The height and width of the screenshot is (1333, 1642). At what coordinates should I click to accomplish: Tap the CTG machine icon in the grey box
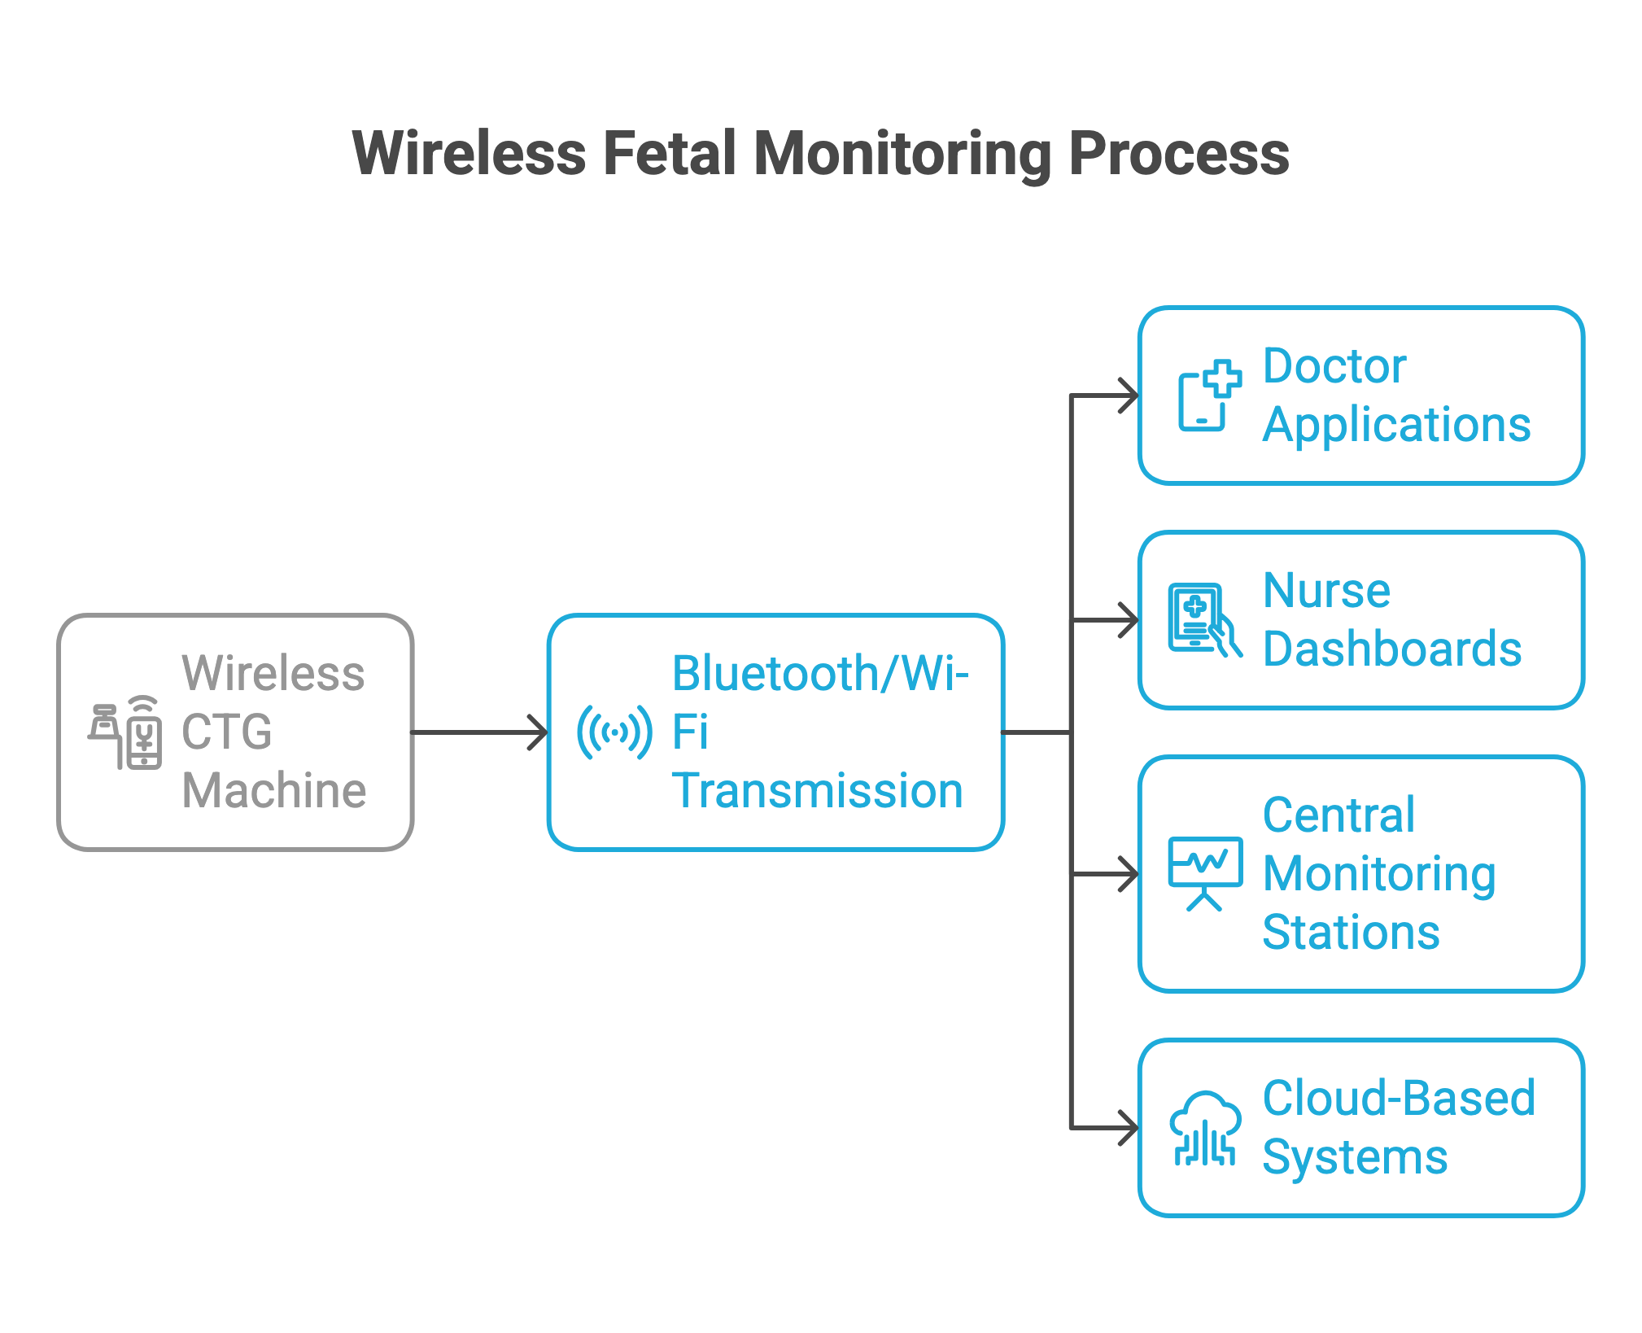(125, 732)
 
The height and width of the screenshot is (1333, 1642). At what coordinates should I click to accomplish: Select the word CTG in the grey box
(226, 732)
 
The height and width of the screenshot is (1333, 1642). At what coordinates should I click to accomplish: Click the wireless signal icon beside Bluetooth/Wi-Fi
(614, 732)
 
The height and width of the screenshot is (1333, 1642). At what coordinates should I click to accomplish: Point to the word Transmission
(817, 791)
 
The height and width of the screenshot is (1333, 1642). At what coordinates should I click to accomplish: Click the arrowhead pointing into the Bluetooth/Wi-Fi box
(539, 732)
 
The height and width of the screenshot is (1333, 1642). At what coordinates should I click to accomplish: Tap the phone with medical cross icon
(1209, 396)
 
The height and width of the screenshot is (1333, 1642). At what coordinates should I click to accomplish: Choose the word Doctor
(1334, 366)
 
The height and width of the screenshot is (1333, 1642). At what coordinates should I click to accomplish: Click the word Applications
(1396, 425)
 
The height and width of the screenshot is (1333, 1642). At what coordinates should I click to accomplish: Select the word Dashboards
(1391, 649)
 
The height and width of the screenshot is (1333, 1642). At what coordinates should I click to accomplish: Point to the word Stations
(1351, 933)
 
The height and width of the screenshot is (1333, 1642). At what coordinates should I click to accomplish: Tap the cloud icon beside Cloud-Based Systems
(1205, 1128)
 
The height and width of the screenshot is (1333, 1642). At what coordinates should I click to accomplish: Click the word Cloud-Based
(1398, 1099)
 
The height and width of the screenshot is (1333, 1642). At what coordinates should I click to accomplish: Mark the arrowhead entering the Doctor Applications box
(1129, 396)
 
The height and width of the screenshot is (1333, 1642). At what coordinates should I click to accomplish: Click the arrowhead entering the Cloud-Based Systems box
(1129, 1129)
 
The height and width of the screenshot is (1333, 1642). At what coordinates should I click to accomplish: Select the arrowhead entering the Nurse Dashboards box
(1129, 620)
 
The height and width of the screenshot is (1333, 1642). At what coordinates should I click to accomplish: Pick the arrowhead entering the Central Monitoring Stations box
(1129, 874)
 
